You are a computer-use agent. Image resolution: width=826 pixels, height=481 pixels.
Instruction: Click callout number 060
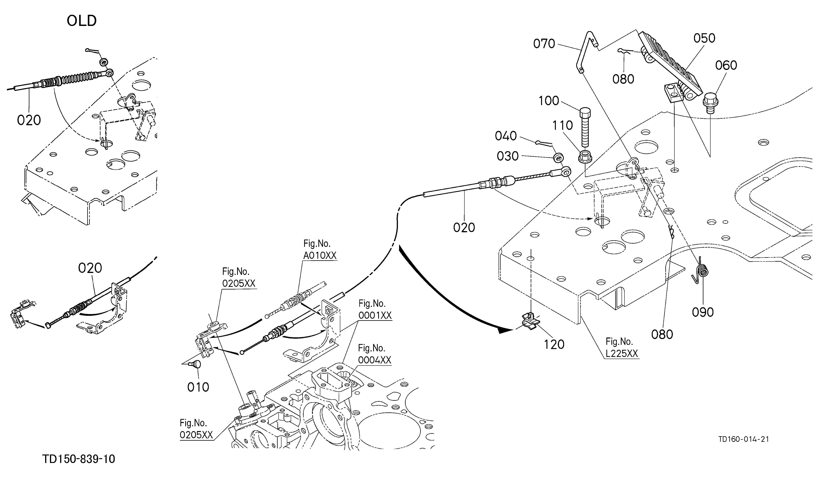[x=726, y=66]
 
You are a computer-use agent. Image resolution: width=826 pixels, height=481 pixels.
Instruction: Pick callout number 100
[x=549, y=101]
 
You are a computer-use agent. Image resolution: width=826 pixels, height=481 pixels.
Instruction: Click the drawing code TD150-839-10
[x=79, y=459]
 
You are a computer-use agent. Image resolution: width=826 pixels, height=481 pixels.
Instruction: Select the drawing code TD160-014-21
[x=743, y=439]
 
